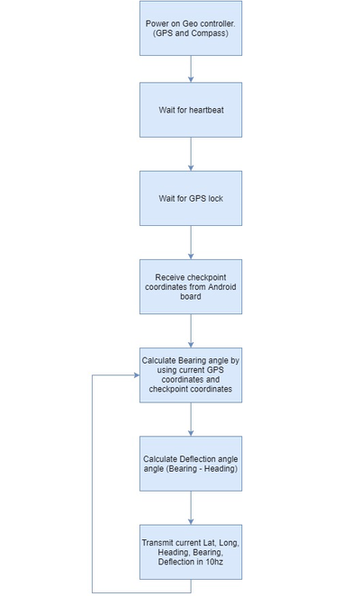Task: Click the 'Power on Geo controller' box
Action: [191, 28]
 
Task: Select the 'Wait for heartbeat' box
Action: [191, 110]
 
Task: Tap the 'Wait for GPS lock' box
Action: [191, 198]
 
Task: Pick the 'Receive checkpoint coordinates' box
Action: [191, 286]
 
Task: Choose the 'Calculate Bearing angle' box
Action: [191, 375]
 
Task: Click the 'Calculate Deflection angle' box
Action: [191, 464]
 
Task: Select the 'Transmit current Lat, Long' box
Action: [191, 552]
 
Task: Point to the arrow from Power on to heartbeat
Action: [191, 68]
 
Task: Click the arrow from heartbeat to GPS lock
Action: [191, 154]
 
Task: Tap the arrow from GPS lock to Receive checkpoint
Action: [191, 242]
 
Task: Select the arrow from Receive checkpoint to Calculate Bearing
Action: [191, 330]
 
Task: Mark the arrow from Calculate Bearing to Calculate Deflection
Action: [191, 420]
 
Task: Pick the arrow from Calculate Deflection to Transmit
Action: [191, 508]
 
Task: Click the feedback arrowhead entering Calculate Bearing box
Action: [137, 375]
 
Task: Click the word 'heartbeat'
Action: [206, 110]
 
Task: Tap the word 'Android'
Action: [222, 287]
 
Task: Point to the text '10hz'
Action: [214, 562]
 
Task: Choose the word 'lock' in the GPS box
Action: [215, 198]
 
